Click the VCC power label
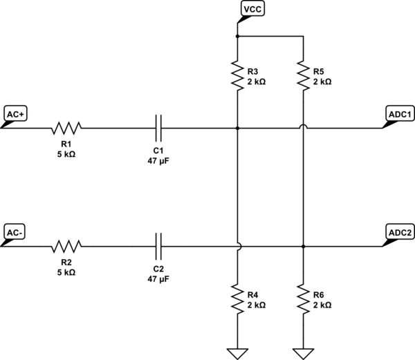pyautogui.click(x=250, y=9)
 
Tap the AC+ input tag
pyautogui.click(x=15, y=114)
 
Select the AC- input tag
pyautogui.click(x=15, y=232)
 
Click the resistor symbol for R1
pyautogui.click(x=66, y=128)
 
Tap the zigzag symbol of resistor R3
pyautogui.click(x=237, y=76)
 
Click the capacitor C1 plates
pyautogui.click(x=158, y=128)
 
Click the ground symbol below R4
pyautogui.click(x=237, y=353)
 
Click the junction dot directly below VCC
pyautogui.click(x=237, y=35)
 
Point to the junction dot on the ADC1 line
pyautogui.click(x=237, y=128)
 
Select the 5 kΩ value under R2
pyautogui.click(x=66, y=272)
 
